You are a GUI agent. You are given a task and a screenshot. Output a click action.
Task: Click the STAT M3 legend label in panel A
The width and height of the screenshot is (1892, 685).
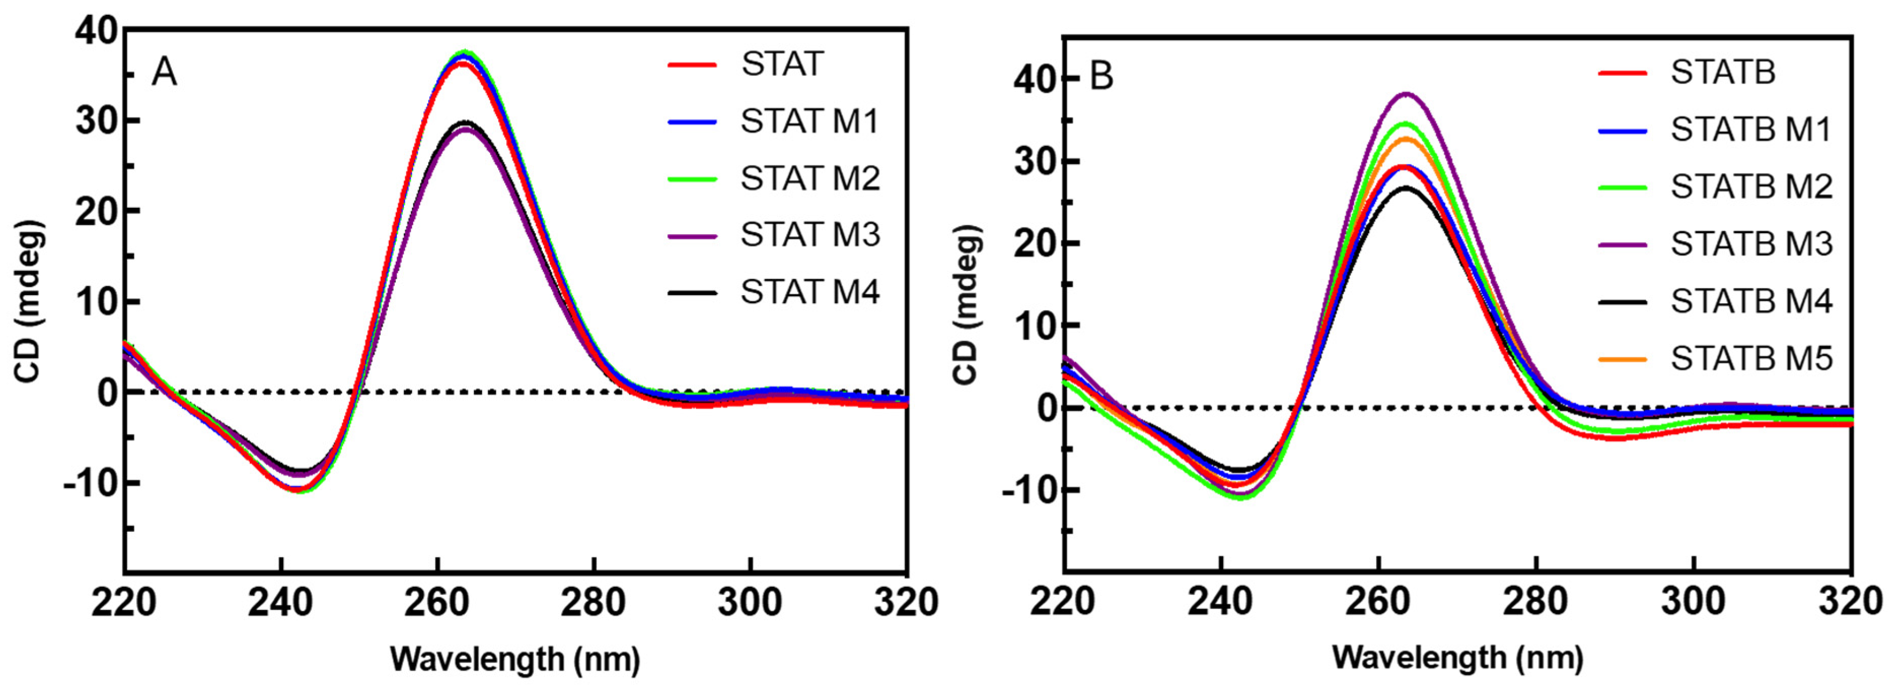(809, 235)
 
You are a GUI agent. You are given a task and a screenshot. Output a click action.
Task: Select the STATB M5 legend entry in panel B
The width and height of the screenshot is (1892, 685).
(1752, 358)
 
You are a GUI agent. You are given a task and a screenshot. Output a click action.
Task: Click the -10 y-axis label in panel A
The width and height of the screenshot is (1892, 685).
(90, 483)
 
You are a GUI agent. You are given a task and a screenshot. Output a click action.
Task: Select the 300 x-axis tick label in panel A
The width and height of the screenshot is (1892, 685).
(750, 603)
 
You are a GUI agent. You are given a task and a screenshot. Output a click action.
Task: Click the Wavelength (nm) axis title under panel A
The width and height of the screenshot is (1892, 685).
(515, 659)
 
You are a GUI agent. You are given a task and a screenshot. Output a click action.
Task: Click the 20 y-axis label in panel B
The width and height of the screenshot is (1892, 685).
(1033, 243)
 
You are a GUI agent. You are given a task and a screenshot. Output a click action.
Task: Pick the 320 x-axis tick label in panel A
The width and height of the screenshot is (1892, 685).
(906, 603)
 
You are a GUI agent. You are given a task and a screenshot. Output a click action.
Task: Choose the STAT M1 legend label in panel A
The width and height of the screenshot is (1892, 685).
(809, 121)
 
